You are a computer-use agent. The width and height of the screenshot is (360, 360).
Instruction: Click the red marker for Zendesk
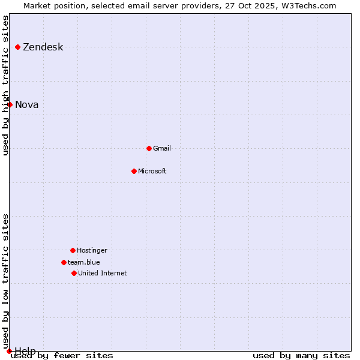18,47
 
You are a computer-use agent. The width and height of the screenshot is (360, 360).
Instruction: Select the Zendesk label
43,47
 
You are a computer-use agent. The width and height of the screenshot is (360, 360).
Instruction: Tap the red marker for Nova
10,104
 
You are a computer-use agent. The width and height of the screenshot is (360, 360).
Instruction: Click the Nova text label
27,105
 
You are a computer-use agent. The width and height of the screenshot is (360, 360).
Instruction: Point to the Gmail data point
149,148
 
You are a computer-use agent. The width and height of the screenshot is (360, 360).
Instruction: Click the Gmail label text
162,148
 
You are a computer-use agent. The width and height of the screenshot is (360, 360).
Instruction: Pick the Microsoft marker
134,171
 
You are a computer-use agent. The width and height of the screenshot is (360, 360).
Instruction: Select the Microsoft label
152,171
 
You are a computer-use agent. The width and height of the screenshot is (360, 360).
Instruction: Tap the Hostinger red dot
73,250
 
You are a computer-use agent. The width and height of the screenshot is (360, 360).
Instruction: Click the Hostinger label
92,250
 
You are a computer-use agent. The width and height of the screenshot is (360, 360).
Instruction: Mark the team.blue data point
64,262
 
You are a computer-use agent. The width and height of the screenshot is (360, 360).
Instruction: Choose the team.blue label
84,262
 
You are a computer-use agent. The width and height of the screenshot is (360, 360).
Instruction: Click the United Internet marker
74,273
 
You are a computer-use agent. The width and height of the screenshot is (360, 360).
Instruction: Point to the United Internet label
103,273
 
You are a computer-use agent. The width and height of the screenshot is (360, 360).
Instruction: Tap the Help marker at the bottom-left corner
9,351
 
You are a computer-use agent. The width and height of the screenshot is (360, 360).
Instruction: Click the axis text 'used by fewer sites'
62,355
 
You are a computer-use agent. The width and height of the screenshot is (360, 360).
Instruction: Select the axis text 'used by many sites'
301,355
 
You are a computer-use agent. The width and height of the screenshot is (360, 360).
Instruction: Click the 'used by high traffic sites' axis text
5,85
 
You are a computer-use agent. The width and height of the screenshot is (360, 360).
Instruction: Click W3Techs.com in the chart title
307,5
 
